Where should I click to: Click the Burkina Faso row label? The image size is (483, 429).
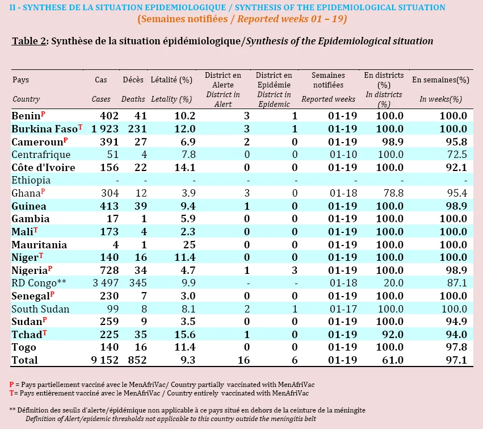pos(44,129)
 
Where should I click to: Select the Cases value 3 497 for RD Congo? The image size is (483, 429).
pos(106,283)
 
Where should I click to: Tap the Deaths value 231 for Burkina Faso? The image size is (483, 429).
pos(137,129)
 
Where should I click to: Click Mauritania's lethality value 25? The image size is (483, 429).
pos(190,244)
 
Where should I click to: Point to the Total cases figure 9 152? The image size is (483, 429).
pos(105,360)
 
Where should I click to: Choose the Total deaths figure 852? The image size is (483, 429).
pos(137,360)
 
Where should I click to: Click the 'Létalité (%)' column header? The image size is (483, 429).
pos(171,80)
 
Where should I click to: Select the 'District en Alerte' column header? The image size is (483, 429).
pos(223,80)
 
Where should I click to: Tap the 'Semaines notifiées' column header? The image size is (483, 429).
pos(329,80)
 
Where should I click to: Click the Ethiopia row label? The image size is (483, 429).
pos(31,180)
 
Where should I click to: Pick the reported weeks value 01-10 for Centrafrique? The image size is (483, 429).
pos(343,155)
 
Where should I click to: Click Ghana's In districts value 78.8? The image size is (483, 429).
pos(394,193)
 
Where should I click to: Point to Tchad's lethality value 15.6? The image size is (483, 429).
pos(185,334)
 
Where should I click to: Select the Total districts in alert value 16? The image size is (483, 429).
pos(243,360)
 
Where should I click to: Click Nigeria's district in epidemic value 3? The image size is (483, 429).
pos(295,270)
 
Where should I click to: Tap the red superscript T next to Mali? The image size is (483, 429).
pos(36,230)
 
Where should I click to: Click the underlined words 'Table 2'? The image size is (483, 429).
pos(29,41)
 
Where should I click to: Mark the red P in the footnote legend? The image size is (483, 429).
pos(12,385)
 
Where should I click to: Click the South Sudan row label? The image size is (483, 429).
pos(40,309)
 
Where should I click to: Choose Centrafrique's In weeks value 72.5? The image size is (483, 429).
pos(457,155)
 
